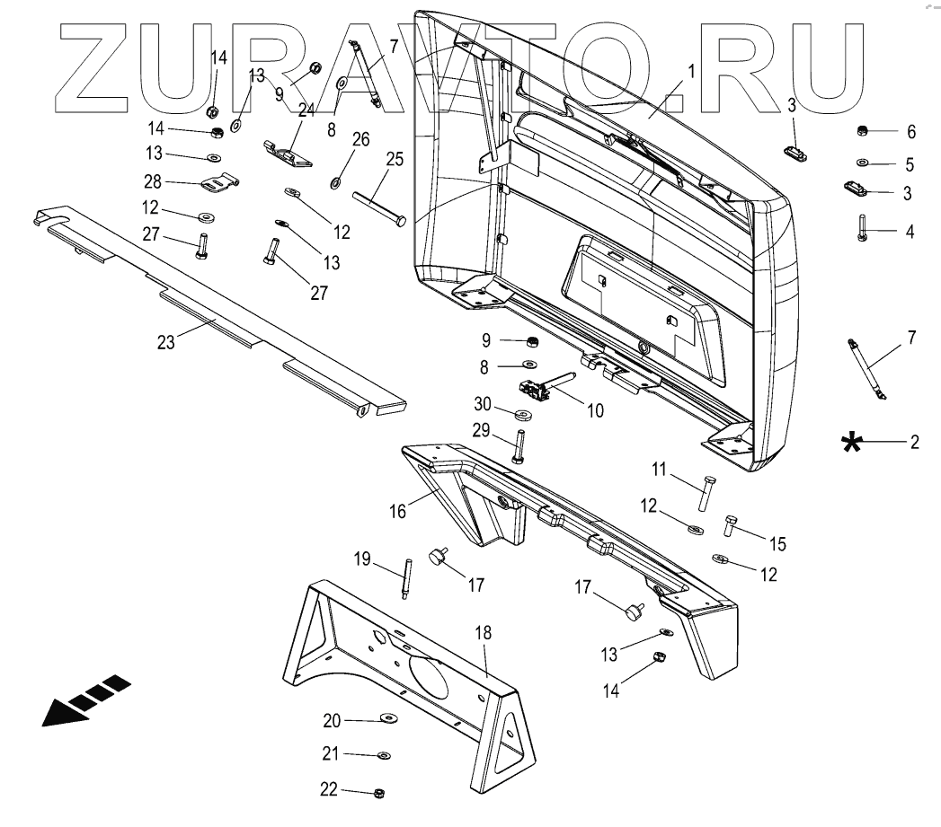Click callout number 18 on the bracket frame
(x=484, y=633)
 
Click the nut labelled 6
(x=860, y=132)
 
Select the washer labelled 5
(x=861, y=163)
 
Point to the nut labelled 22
(x=379, y=793)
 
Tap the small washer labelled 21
(x=384, y=756)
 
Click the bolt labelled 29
(x=519, y=447)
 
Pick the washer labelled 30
(x=521, y=414)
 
